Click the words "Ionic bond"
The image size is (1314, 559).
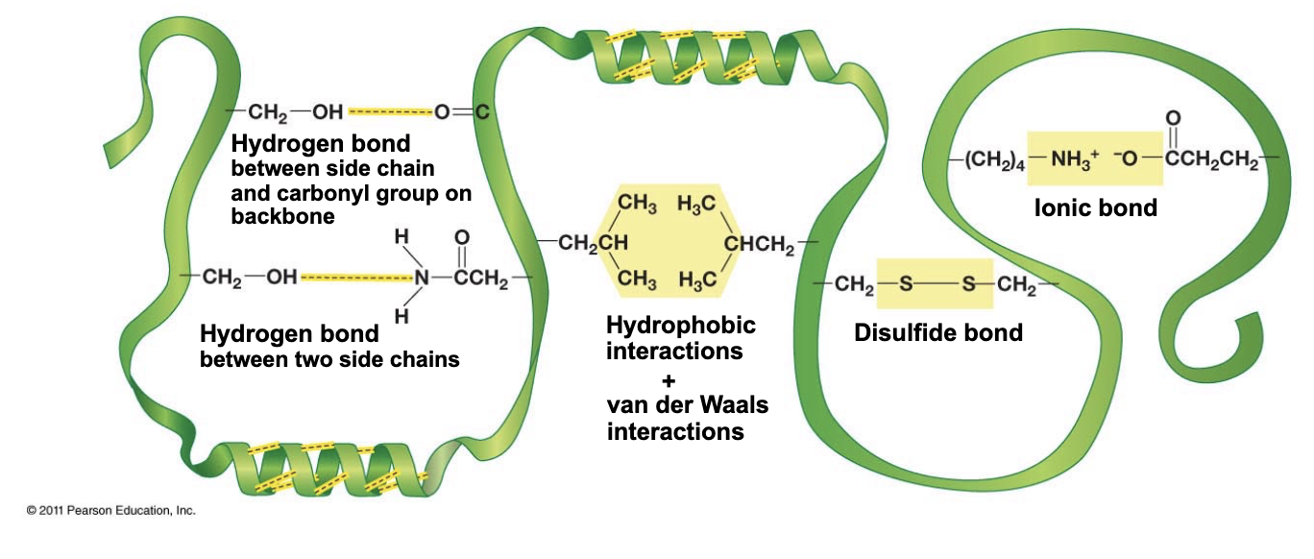pos(1095,207)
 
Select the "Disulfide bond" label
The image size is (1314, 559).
pos(937,332)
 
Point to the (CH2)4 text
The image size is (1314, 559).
pos(993,159)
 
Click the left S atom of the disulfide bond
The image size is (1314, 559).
pos(903,284)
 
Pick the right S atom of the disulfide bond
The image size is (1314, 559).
pos(967,284)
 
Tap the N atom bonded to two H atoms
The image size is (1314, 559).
pos(421,278)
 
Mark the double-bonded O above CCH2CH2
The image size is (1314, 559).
pos(1172,119)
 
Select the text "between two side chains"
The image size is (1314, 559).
pos(328,360)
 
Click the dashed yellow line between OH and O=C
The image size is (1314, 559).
pos(389,113)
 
